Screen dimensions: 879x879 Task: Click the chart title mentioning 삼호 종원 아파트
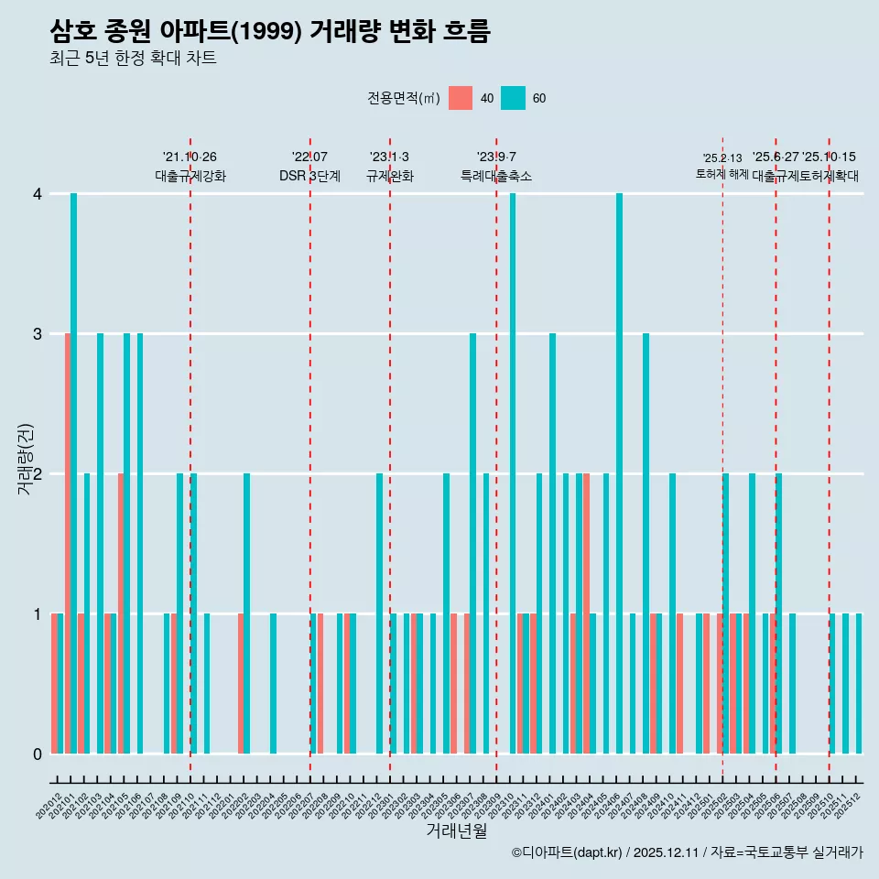(270, 31)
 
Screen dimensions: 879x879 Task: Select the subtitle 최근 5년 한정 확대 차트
(133, 59)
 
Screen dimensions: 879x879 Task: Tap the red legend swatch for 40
(461, 98)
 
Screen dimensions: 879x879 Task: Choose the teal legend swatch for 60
(514, 98)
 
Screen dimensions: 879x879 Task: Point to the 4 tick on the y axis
(38, 194)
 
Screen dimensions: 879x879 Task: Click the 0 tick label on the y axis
(38, 754)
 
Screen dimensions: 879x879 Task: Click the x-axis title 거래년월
(456, 830)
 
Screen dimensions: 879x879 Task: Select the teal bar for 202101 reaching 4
(74, 473)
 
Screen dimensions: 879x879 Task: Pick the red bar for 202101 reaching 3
(67, 543)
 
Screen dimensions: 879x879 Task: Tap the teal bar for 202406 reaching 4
(620, 473)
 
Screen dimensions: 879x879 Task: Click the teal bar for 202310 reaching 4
(513, 473)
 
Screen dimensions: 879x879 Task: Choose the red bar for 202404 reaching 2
(586, 613)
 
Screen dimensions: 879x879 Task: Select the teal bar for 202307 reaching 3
(473, 543)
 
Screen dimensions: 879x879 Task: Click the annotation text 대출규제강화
(190, 176)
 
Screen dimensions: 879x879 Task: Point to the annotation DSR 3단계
(309, 176)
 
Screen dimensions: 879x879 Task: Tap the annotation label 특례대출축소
(495, 176)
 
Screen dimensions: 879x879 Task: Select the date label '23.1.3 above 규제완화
(389, 157)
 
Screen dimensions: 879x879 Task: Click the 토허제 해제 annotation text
(722, 174)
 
